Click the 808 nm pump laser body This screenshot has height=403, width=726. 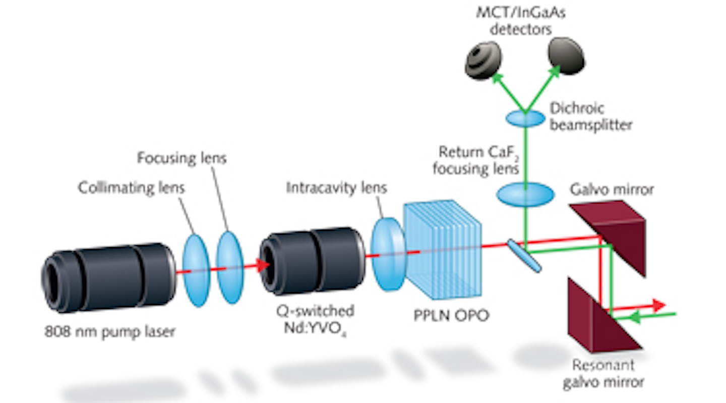tap(108, 277)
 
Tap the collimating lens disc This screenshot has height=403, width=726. tap(195, 270)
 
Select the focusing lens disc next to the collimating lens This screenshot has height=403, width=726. tap(230, 267)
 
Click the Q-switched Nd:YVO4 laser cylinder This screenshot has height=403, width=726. tap(313, 260)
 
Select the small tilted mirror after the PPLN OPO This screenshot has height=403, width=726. tap(524, 256)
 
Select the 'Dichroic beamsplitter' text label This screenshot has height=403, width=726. tap(590, 117)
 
